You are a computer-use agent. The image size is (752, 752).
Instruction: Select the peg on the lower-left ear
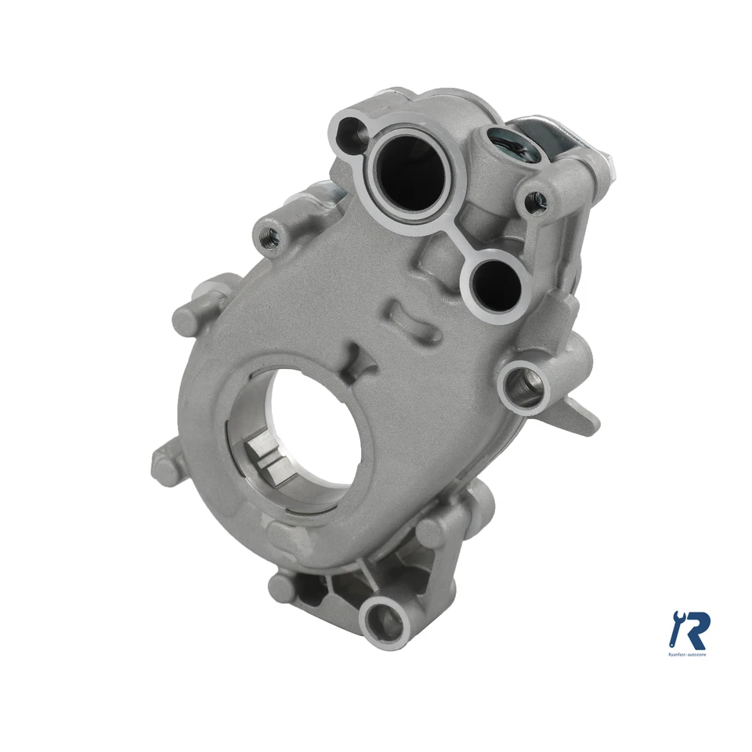pyautogui.click(x=167, y=468)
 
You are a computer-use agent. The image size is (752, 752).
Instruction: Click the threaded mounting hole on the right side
pyautogui.click(x=523, y=381)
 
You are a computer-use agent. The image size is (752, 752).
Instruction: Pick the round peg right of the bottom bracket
pyautogui.click(x=433, y=530)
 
